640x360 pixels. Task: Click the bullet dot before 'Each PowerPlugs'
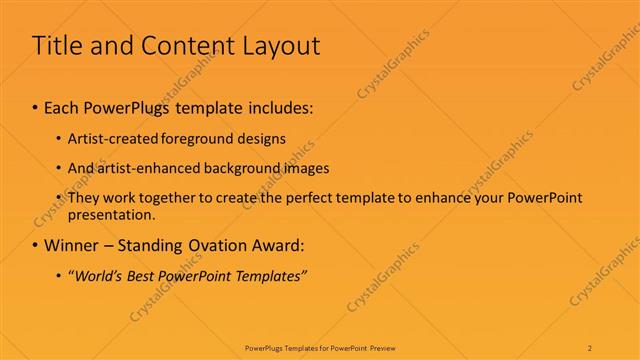tap(36, 105)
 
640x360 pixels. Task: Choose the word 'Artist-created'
tap(108, 138)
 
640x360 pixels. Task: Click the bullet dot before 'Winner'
tap(36, 244)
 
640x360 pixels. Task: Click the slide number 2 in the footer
tap(591, 348)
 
